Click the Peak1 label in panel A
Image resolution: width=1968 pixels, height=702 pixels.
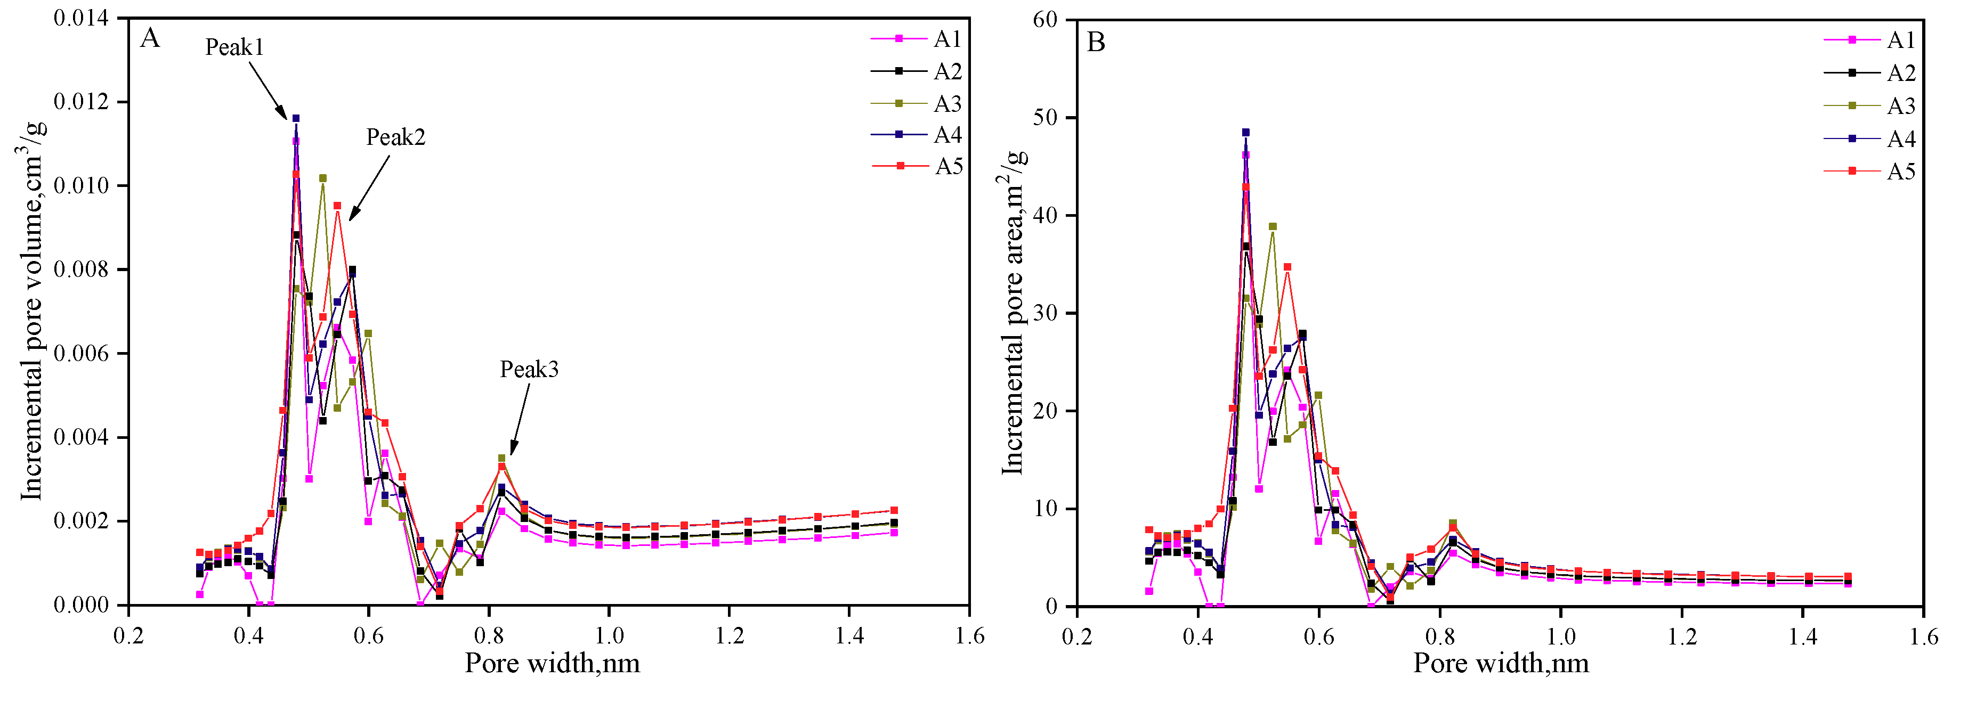[234, 47]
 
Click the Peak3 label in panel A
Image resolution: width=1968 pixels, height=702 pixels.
[529, 370]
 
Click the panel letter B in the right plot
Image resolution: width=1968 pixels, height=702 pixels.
[1096, 42]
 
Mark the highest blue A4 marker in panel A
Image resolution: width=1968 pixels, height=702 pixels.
[296, 118]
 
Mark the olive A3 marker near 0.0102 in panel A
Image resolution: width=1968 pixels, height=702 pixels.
[322, 178]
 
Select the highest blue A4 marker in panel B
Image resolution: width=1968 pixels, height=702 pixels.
[1245, 132]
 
